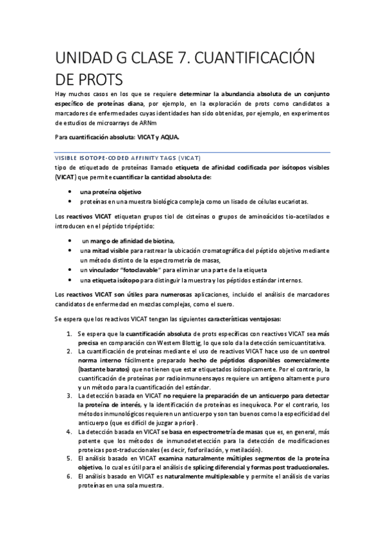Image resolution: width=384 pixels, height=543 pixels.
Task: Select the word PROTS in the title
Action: (102, 80)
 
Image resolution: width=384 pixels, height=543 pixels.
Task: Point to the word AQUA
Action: (166, 137)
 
